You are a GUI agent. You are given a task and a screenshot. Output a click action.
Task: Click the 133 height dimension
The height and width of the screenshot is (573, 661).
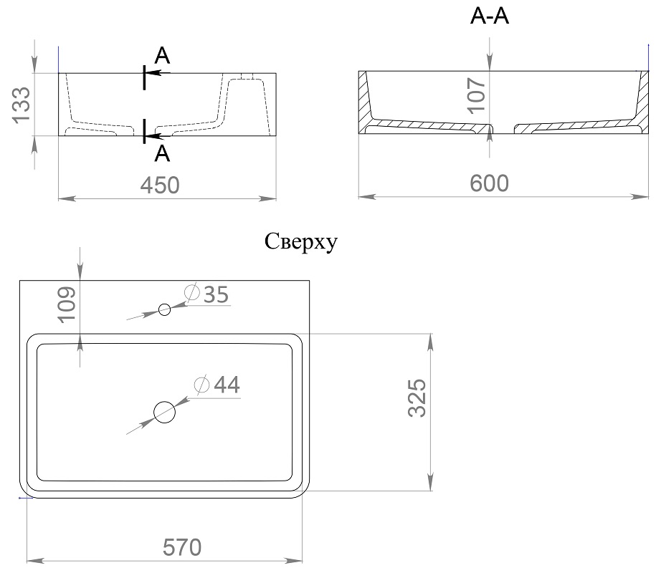(x=21, y=105)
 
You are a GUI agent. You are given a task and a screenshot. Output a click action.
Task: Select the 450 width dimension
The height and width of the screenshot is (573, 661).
(x=160, y=186)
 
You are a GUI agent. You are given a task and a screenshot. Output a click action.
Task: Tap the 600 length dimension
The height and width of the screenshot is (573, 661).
(x=489, y=183)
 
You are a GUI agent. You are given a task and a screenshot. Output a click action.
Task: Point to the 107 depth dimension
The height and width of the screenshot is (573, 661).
(x=477, y=95)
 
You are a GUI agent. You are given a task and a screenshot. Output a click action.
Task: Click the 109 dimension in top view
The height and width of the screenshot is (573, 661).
(x=66, y=305)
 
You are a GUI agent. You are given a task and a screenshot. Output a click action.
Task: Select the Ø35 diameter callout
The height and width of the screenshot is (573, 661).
(x=206, y=294)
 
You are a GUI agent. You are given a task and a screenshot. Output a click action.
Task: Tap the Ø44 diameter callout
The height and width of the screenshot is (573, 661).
(x=217, y=385)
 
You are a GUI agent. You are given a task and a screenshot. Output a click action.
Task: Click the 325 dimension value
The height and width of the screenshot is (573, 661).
(x=417, y=398)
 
